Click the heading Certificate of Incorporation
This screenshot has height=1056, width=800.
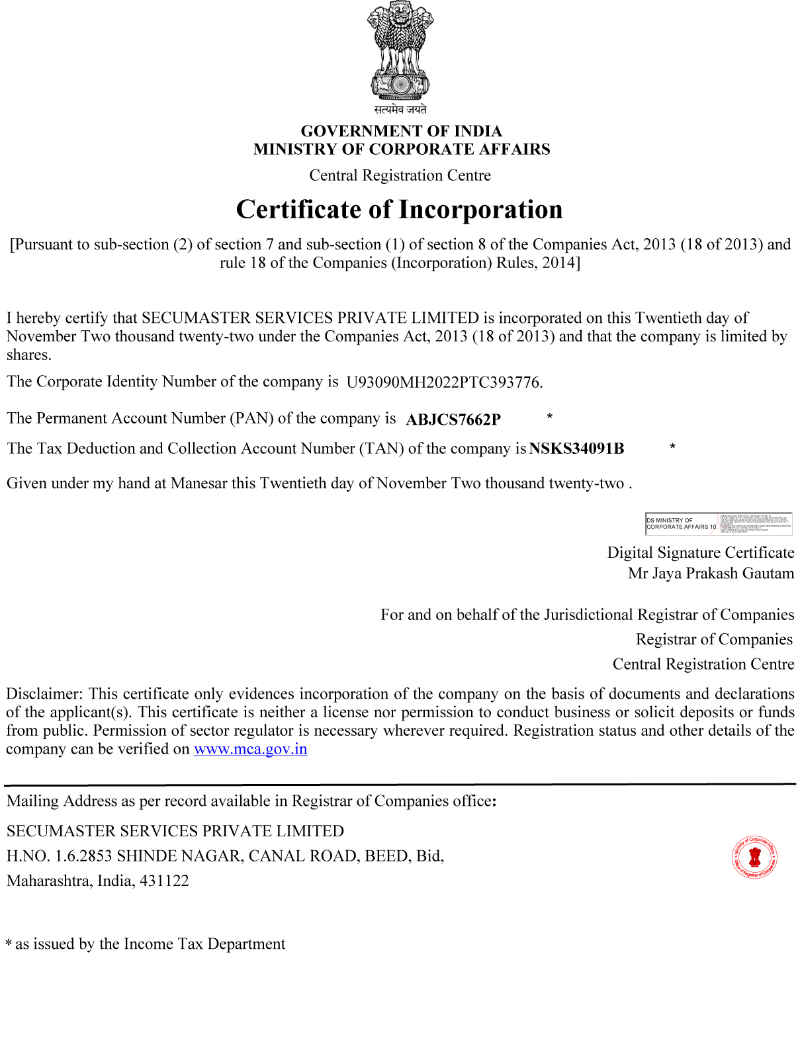pos(400,209)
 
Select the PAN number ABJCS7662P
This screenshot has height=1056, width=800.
pos(453,419)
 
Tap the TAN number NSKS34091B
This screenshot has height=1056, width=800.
pos(576,449)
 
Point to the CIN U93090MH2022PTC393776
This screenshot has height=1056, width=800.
pos(444,382)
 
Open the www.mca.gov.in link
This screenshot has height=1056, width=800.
pos(250,749)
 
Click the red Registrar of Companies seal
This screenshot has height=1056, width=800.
pos(754,858)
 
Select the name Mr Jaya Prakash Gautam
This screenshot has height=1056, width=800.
pos(711,573)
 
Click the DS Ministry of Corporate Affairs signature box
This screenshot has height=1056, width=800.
pos(719,523)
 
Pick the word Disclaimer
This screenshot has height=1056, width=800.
pos(44,693)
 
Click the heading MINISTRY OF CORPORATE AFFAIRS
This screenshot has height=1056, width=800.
pos(402,150)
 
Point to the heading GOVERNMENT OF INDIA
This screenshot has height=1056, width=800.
pos(402,131)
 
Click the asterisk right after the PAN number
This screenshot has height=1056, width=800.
pos(549,417)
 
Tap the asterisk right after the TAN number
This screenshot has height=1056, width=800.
pos(672,447)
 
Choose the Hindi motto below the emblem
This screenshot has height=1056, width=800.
pos(400,109)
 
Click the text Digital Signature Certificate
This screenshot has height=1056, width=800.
pos(700,552)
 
